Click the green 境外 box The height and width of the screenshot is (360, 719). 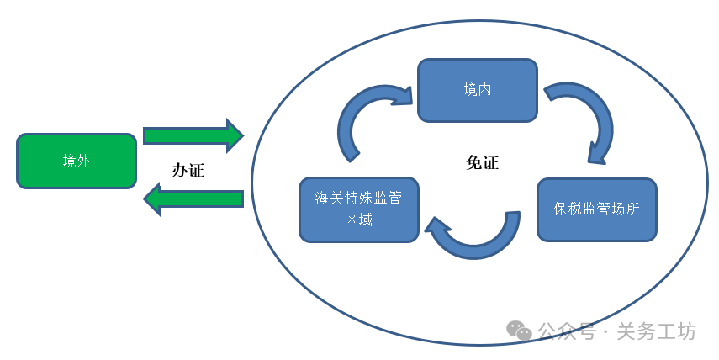pyautogui.click(x=76, y=161)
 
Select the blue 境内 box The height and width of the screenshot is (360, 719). pyautogui.click(x=478, y=89)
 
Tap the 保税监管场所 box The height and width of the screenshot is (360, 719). pyautogui.click(x=596, y=209)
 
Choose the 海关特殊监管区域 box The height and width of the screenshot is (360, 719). pyautogui.click(x=359, y=209)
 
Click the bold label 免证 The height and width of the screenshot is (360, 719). pyautogui.click(x=482, y=163)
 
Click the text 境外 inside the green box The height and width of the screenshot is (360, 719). pyautogui.click(x=76, y=161)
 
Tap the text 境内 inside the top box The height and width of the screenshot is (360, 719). pyautogui.click(x=478, y=89)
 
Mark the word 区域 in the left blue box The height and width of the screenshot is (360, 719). pyautogui.click(x=359, y=220)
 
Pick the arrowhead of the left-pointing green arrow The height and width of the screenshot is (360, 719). pyautogui.click(x=152, y=199)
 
